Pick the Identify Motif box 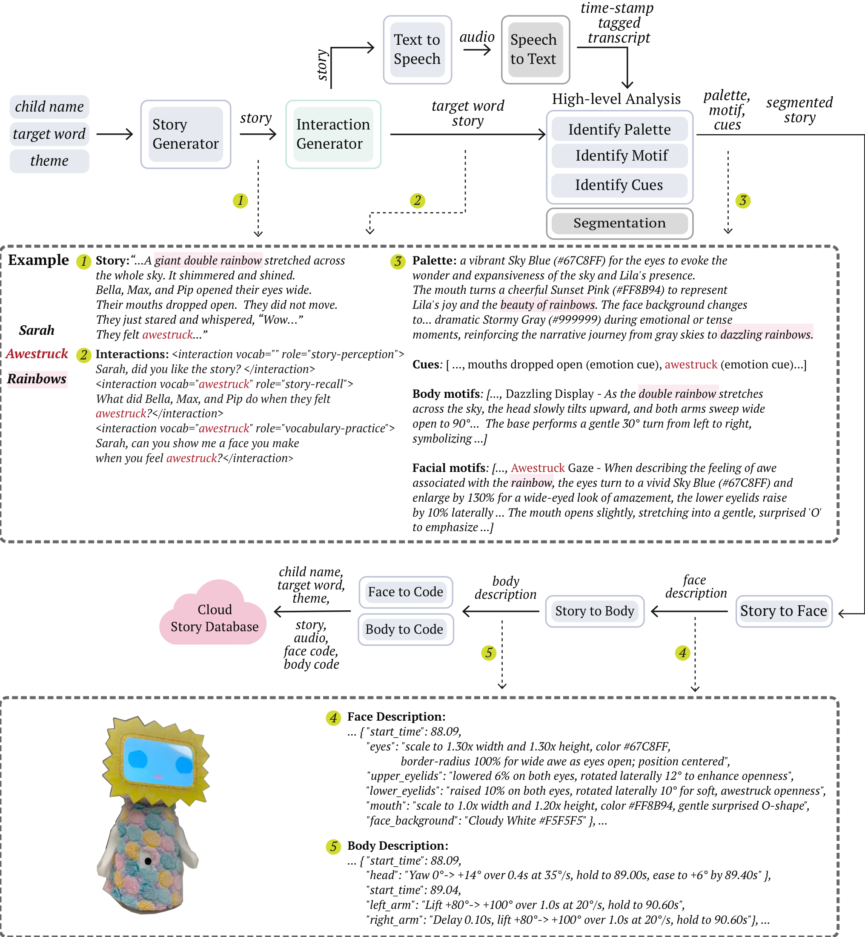619,155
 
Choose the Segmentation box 619,223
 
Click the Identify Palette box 619,129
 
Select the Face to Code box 405,592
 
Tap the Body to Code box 405,629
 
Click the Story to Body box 594,611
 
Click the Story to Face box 783,611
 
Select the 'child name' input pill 49,107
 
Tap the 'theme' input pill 49,161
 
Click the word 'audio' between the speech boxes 476,37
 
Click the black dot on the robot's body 148,861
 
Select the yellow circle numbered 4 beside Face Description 333,718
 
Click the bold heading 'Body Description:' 398,846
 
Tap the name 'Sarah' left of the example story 37,331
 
